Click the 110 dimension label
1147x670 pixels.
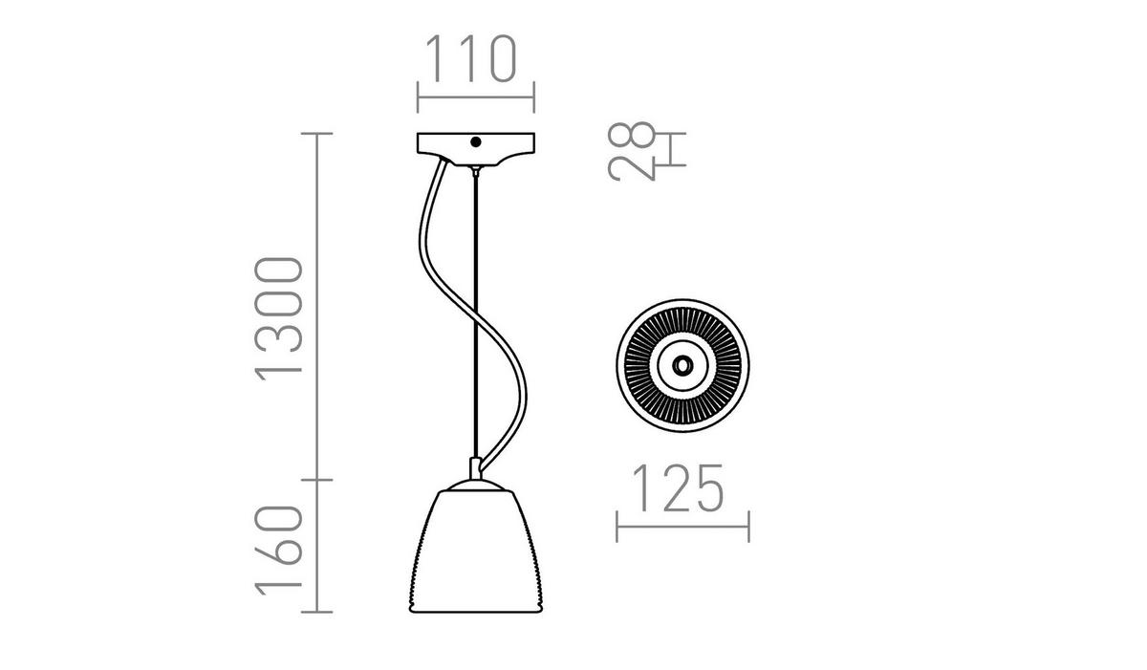coord(471,58)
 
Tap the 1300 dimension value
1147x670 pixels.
coord(279,319)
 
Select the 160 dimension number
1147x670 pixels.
coord(279,551)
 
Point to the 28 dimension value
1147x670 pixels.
coord(632,152)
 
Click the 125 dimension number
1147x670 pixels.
coord(678,488)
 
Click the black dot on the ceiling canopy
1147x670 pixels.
coord(476,142)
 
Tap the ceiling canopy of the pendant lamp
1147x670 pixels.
coord(476,149)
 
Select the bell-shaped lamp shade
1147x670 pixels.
coord(476,551)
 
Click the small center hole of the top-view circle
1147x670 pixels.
coord(682,365)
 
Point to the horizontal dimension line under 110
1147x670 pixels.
coord(476,97)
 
